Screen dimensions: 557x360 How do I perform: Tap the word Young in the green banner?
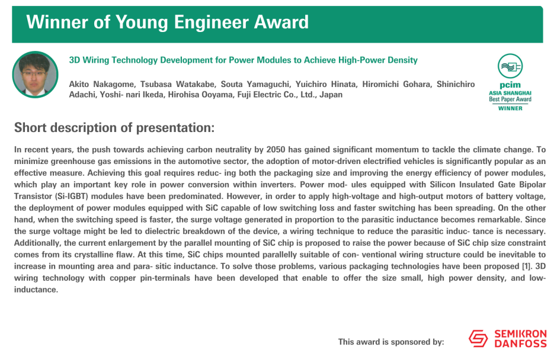tap(142, 22)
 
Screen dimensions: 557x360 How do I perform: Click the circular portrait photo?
tap(35, 75)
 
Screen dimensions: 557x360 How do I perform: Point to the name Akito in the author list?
tap(78, 84)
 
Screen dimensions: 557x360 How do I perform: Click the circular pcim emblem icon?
tap(510, 66)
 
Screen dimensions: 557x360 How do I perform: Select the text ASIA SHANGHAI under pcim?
tap(510, 93)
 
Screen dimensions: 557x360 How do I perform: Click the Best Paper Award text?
tap(510, 99)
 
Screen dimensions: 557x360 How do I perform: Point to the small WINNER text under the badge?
tap(510, 108)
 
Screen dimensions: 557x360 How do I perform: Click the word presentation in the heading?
tap(175, 128)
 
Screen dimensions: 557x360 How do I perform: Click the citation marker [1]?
tap(526, 266)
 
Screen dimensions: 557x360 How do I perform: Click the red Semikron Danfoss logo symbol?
tap(478, 338)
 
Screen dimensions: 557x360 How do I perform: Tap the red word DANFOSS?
tap(520, 343)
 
